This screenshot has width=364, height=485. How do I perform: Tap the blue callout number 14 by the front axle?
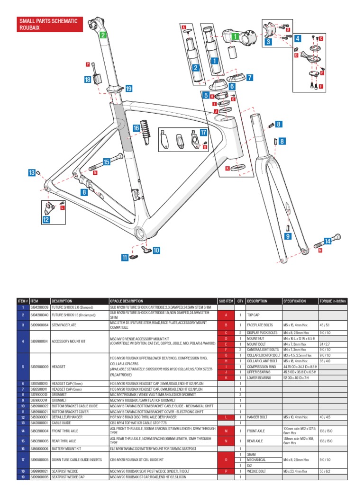coord(328,242)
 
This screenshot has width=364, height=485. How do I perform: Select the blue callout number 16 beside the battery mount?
coord(136,128)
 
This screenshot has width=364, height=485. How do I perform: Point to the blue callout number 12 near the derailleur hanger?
coord(46,219)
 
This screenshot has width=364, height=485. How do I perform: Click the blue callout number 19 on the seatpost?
coord(128,89)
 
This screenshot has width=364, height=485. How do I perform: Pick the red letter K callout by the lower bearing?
coord(227,168)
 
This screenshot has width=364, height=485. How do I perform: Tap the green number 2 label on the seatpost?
coord(102,35)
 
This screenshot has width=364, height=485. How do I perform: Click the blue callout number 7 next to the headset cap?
coord(250,77)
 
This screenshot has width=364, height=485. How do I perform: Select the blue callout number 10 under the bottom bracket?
coord(156,250)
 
